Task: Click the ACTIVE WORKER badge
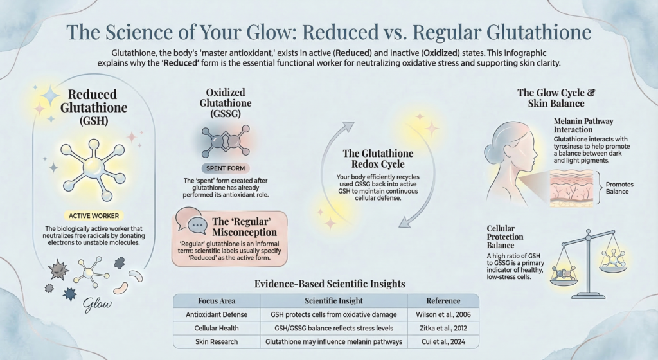(94, 215)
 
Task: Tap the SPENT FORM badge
(226, 168)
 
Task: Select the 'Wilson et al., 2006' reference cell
(443, 314)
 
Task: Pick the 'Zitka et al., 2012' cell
(443, 328)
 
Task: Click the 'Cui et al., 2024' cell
(443, 341)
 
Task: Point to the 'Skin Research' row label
(217, 341)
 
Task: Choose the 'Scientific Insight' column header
(333, 300)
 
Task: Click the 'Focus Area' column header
(217, 300)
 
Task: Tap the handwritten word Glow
(98, 305)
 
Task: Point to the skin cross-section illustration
(571, 188)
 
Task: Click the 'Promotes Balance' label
(619, 188)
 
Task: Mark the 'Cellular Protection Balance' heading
(501, 237)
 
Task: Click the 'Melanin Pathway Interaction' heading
(583, 125)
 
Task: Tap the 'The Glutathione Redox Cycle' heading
(378, 159)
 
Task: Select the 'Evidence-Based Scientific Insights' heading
(330, 283)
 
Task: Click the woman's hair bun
(491, 152)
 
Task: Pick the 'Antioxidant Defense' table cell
(217, 314)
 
